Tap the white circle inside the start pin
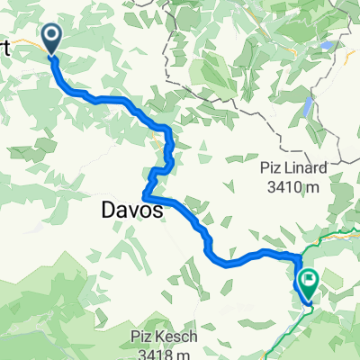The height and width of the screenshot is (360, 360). [x=51, y=35]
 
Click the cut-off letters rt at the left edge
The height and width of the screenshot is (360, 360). [x=4, y=49]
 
